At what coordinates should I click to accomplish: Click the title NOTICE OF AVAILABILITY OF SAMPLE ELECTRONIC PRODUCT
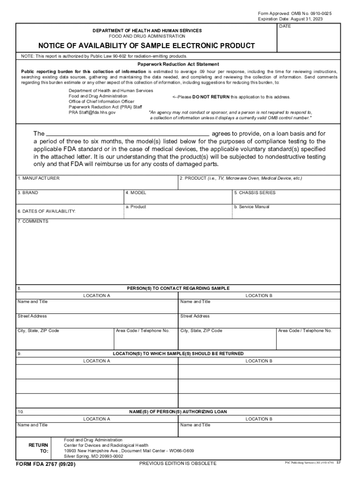coord(146,46)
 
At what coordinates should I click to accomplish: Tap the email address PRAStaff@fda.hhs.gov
coord(92,112)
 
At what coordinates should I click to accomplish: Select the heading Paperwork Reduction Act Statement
coord(178,64)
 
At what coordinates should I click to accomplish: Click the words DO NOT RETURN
coord(211,97)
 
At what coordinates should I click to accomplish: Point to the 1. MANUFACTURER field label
coord(38,178)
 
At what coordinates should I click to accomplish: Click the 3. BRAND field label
coord(28,193)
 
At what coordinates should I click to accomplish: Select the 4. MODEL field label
coord(136,193)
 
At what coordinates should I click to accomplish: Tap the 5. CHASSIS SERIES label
coord(255,193)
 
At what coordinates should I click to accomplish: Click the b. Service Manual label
coord(252,207)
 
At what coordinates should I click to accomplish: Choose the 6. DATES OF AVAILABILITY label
coord(47,211)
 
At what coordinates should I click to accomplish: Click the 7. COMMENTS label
coord(33,221)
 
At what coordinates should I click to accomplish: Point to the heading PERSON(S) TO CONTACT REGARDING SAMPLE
coord(178,289)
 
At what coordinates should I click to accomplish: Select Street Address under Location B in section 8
coord(195,316)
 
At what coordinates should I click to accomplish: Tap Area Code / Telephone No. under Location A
coord(143,331)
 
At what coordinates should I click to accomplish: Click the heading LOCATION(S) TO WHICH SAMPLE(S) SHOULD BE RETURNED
coord(178,354)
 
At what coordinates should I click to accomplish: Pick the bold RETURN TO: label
coord(38,448)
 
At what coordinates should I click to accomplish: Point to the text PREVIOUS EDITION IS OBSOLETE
coord(178,463)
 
